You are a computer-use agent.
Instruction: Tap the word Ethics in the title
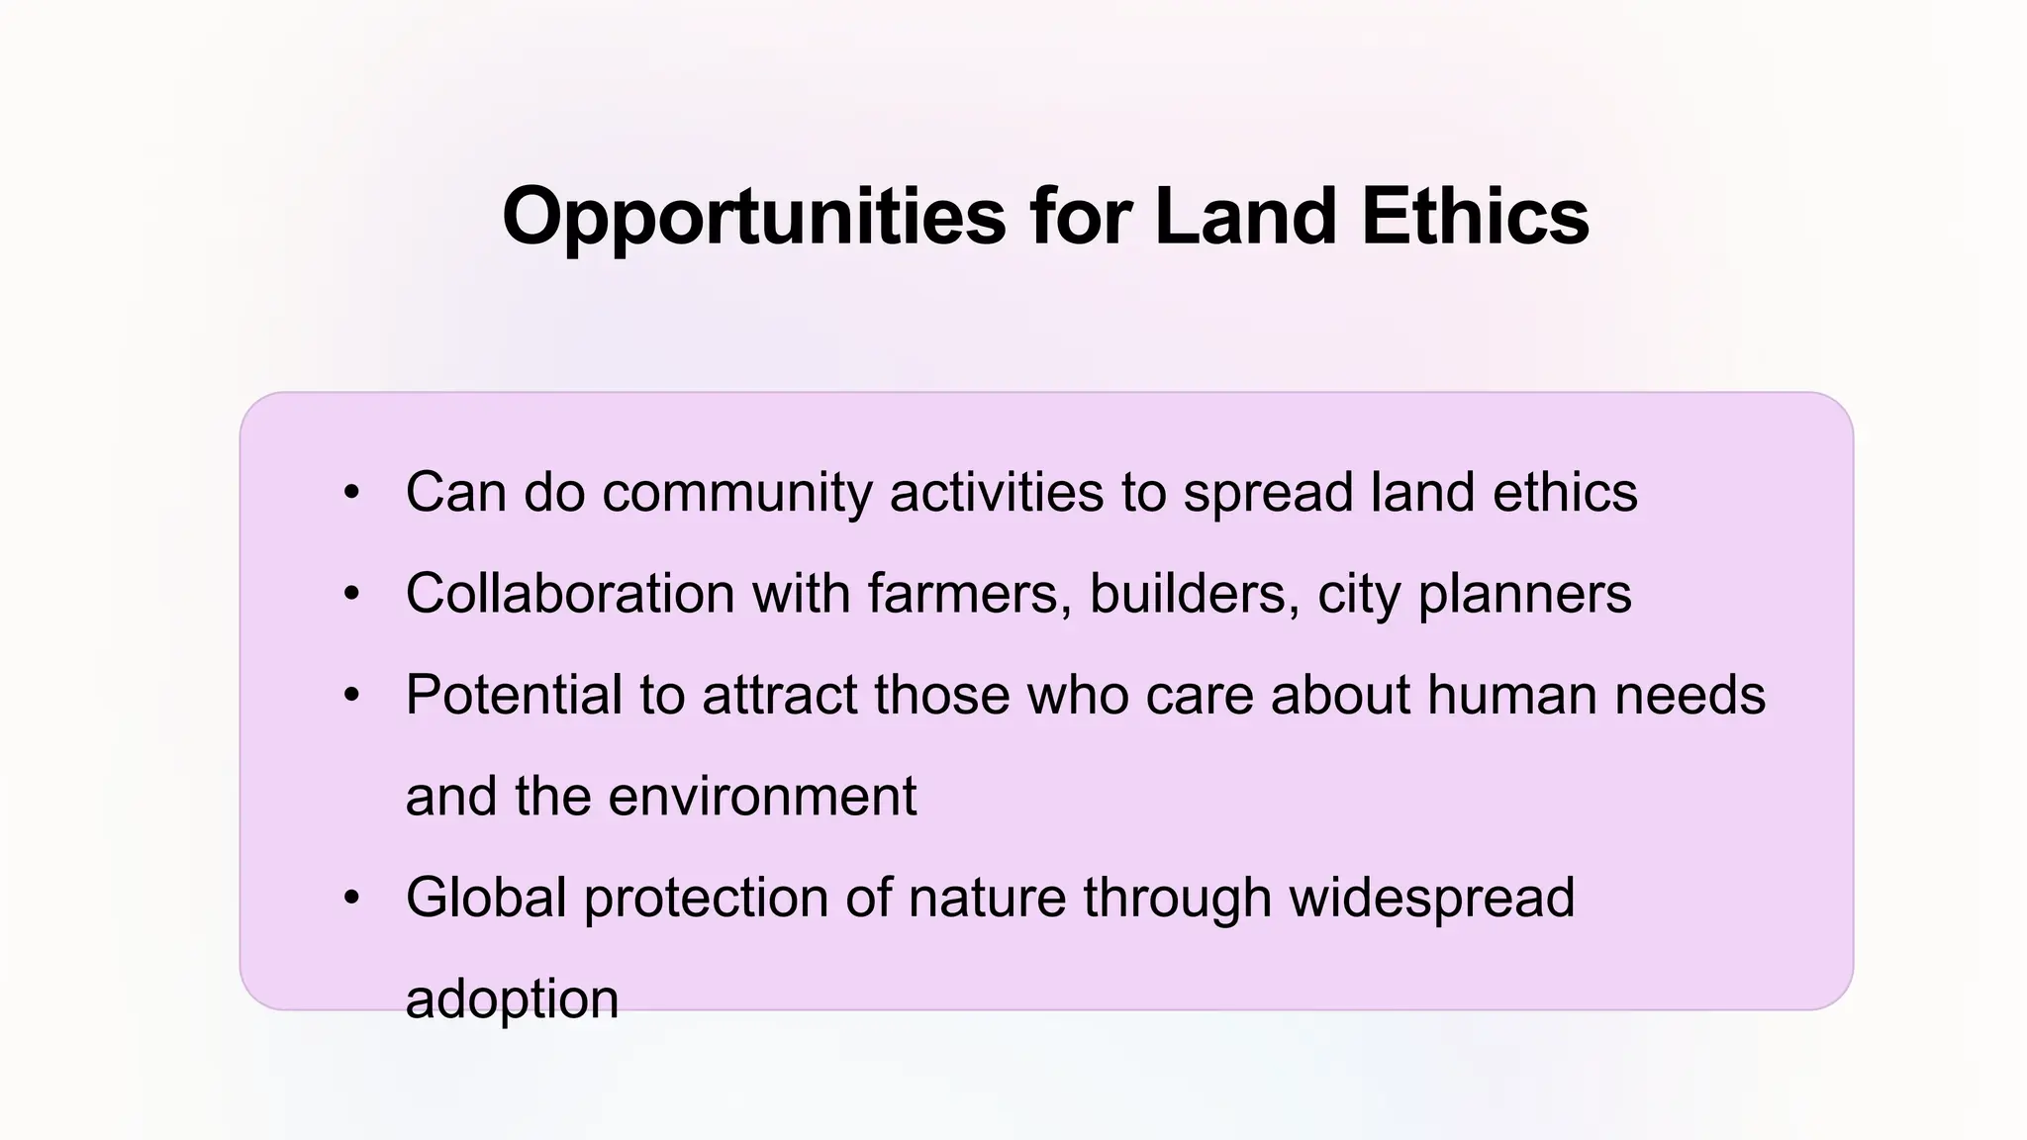(x=1475, y=217)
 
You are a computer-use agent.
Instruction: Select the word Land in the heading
(x=1245, y=217)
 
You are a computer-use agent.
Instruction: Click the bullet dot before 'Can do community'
(x=351, y=492)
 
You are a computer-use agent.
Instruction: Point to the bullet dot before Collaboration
(x=351, y=594)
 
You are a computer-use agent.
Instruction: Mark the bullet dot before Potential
(x=351, y=695)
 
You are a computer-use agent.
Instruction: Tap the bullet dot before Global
(x=351, y=898)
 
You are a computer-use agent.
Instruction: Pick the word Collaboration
(x=570, y=594)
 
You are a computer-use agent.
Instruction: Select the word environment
(x=762, y=797)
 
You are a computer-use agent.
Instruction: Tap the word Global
(x=486, y=898)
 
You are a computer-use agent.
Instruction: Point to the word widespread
(x=1431, y=898)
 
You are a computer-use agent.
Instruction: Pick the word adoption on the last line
(x=512, y=999)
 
